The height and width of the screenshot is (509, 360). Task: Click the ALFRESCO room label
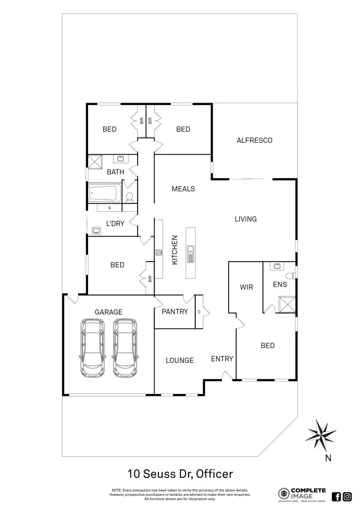(x=254, y=140)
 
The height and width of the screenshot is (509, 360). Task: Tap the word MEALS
(x=183, y=189)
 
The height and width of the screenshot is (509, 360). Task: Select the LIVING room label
(x=245, y=219)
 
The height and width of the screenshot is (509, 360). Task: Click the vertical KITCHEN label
(x=174, y=250)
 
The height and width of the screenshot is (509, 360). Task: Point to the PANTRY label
(x=175, y=312)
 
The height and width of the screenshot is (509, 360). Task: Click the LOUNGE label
(x=180, y=360)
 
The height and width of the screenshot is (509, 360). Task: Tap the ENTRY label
(x=222, y=359)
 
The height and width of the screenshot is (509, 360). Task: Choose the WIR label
(x=246, y=287)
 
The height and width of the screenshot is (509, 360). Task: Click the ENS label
(x=280, y=285)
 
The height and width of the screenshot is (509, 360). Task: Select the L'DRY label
(x=115, y=223)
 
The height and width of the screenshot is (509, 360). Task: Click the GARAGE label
(x=108, y=312)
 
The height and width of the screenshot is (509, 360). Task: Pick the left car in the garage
(x=93, y=348)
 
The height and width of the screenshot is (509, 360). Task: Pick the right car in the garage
(x=125, y=348)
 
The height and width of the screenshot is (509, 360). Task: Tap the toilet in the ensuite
(x=290, y=275)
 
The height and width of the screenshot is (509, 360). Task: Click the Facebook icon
(x=336, y=496)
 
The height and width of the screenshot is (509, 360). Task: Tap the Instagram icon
(x=347, y=496)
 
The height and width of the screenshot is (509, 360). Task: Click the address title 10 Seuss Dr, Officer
(x=180, y=473)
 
